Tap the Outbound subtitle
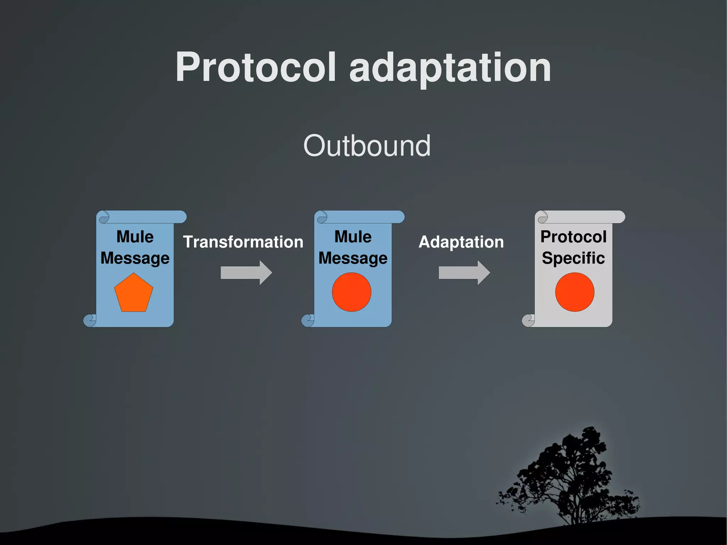(367, 146)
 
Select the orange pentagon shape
(133, 294)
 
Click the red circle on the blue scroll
(351, 292)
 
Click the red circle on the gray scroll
(574, 292)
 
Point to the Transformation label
(243, 242)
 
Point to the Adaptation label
(461, 242)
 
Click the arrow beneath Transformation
(246, 273)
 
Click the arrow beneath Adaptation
(464, 273)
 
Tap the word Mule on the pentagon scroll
(135, 236)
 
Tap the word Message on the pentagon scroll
(135, 258)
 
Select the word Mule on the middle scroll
(353, 236)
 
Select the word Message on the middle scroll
(353, 258)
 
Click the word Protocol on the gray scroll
(573, 236)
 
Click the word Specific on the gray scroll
(573, 258)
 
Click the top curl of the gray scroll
(542, 217)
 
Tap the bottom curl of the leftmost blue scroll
(90, 320)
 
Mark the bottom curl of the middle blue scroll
(308, 320)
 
